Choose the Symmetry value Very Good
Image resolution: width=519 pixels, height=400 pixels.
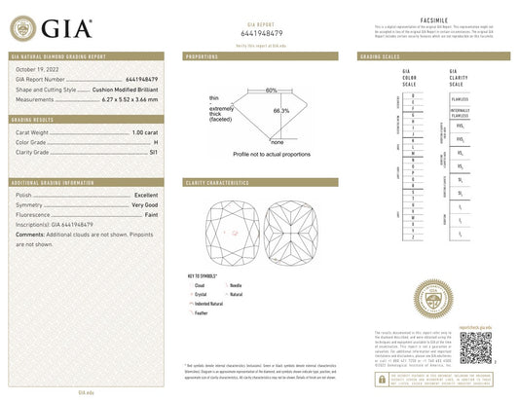146,204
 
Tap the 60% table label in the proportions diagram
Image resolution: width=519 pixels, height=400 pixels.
271,90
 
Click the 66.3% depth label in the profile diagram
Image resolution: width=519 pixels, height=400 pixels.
281,110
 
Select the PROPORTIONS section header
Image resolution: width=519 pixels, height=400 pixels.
203,57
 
